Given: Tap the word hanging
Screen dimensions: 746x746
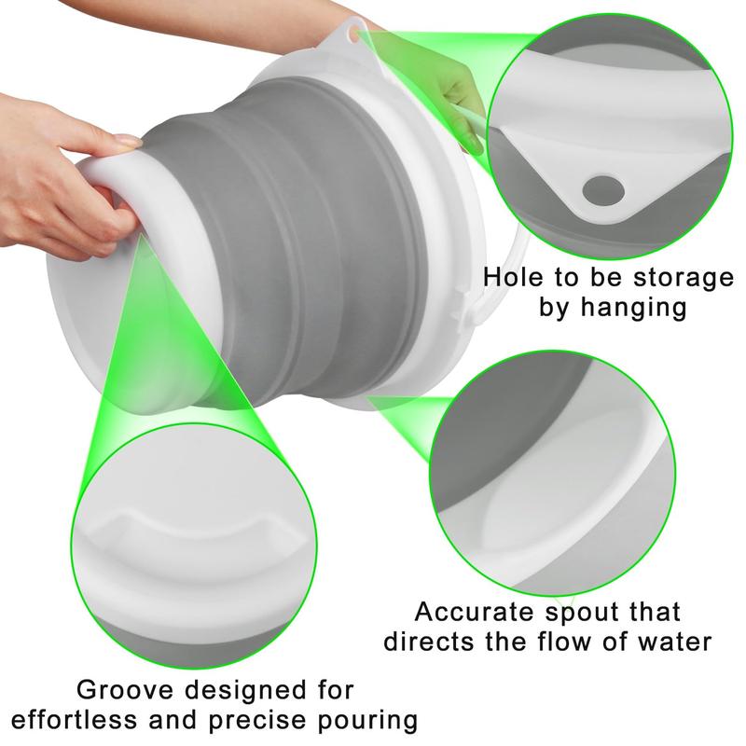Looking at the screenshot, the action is pyautogui.click(x=633, y=308).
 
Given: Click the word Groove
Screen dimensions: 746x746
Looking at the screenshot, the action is pyautogui.click(x=125, y=689).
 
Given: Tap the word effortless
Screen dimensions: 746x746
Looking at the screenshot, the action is pyautogui.click(x=74, y=720).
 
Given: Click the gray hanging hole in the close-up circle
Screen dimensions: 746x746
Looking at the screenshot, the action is pyautogui.click(x=603, y=190).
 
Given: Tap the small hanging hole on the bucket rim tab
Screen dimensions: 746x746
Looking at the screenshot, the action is pyautogui.click(x=353, y=33).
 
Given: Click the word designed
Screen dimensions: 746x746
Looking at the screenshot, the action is pyautogui.click(x=245, y=690).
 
